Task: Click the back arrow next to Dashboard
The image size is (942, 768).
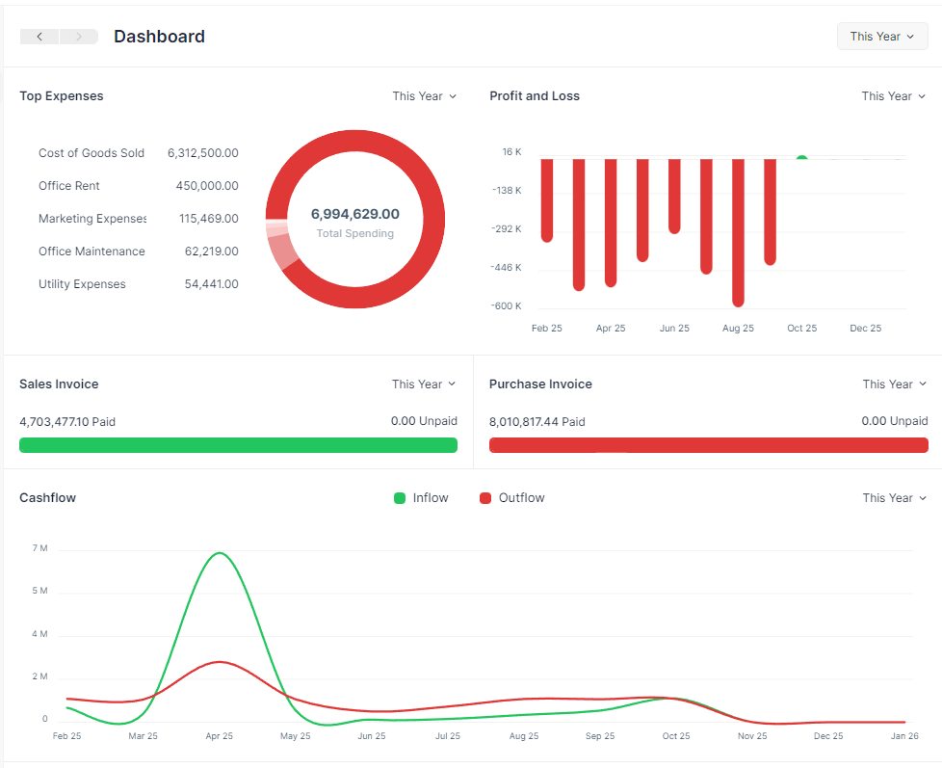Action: (39, 37)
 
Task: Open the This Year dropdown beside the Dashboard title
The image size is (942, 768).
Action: (882, 37)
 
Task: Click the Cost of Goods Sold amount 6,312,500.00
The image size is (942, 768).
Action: (203, 153)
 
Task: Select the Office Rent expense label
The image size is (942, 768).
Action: (69, 186)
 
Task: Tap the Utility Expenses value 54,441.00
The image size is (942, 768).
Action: (212, 284)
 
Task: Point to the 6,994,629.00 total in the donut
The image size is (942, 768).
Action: (355, 214)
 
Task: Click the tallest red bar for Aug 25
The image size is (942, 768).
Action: (739, 232)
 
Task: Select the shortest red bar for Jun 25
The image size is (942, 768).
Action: (674, 196)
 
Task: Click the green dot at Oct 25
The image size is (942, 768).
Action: (802, 157)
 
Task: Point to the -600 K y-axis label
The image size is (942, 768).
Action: (506, 305)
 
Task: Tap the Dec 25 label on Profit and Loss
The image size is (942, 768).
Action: (866, 329)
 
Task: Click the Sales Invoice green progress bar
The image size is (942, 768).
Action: (239, 445)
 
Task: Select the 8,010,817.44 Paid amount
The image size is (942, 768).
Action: (537, 422)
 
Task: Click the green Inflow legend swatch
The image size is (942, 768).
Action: (400, 498)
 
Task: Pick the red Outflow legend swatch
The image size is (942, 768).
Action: (485, 498)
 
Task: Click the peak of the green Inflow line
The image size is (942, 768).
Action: (220, 553)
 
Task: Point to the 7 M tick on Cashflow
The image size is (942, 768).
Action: (39, 548)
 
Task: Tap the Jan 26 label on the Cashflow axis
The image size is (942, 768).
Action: (904, 736)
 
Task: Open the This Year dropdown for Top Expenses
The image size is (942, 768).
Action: (424, 96)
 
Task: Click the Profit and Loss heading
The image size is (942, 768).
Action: (535, 96)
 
